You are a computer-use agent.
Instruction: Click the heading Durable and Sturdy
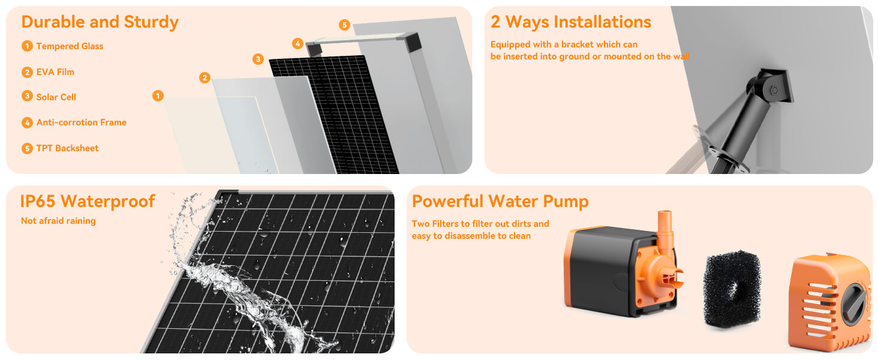(100, 22)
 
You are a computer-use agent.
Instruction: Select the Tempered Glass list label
(70, 46)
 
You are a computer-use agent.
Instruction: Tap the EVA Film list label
(55, 72)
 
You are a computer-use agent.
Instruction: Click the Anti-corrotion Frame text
(81, 122)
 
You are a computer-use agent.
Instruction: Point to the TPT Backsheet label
(67, 148)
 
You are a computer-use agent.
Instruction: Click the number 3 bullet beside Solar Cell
(27, 97)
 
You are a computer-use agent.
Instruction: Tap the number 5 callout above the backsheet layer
(344, 25)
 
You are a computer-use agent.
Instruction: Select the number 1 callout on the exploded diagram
(158, 95)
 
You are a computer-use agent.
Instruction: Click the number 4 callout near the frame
(297, 43)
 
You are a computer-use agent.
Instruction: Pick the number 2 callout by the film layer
(205, 77)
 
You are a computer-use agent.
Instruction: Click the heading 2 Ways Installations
(570, 22)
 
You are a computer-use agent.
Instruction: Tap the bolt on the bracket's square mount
(774, 90)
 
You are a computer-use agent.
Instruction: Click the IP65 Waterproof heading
(88, 201)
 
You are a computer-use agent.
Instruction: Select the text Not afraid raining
(58, 221)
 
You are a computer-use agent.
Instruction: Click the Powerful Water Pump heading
(500, 201)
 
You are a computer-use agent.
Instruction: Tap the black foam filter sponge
(731, 289)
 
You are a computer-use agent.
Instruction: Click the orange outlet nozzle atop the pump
(664, 225)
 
